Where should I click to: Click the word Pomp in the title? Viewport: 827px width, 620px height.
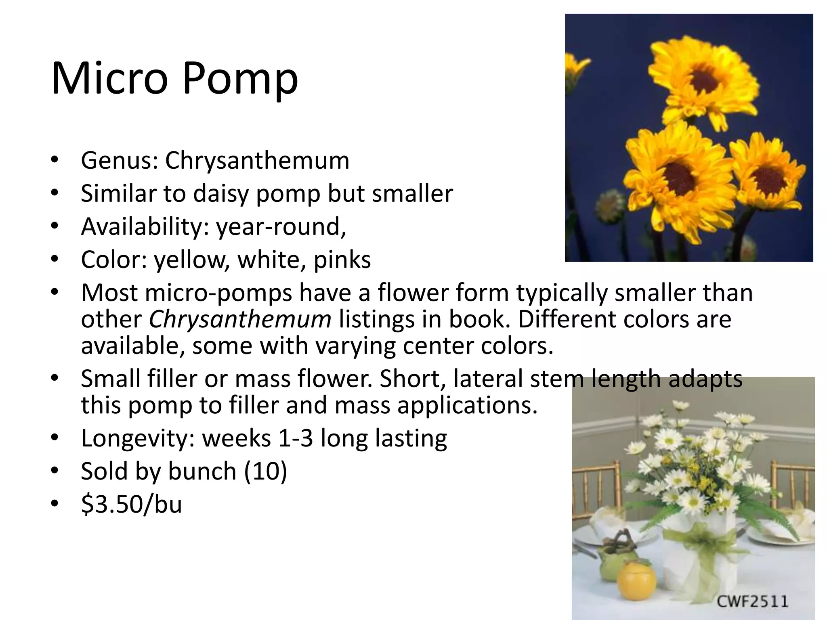coord(240,79)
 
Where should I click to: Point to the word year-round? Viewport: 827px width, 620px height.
coord(281,226)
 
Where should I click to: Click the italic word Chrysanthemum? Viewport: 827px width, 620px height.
coord(240,319)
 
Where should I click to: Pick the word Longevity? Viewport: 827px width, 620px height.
coord(137,439)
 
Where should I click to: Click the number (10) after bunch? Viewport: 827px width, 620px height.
coord(265,471)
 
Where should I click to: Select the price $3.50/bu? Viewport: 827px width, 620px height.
coord(131,504)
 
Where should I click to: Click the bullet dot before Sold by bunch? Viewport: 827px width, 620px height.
coord(55,470)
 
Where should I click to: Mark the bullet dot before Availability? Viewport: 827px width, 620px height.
coord(55,226)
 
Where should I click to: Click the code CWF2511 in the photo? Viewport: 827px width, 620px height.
coord(752,601)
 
